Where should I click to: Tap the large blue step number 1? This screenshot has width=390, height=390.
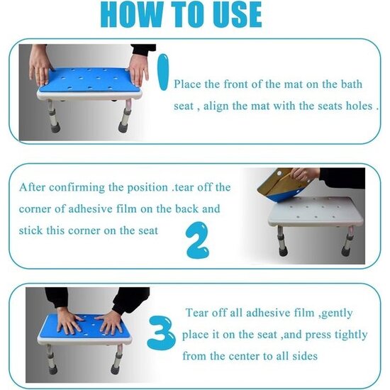coord(163,72)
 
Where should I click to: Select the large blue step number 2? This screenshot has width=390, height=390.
coord(198,240)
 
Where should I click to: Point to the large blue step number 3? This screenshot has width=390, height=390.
coord(161,333)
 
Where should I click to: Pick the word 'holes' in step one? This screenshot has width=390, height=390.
coord(360,106)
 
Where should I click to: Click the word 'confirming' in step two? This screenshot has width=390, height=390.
coord(77,187)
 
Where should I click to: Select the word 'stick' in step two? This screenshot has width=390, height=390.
coord(30,230)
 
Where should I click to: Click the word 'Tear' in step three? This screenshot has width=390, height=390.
coord(197,313)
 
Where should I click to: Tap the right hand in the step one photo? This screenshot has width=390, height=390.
coord(139,70)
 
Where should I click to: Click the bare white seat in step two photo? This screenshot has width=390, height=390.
coord(316,211)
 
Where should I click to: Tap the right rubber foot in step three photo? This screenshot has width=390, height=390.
coord(116,369)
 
